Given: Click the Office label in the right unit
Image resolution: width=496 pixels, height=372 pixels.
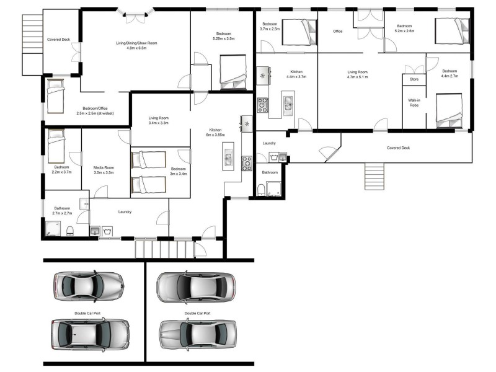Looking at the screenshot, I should tap(338, 31).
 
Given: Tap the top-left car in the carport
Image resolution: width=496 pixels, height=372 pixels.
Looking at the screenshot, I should tap(89, 286).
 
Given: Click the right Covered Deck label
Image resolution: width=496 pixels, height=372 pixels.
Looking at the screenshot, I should tap(399, 148).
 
